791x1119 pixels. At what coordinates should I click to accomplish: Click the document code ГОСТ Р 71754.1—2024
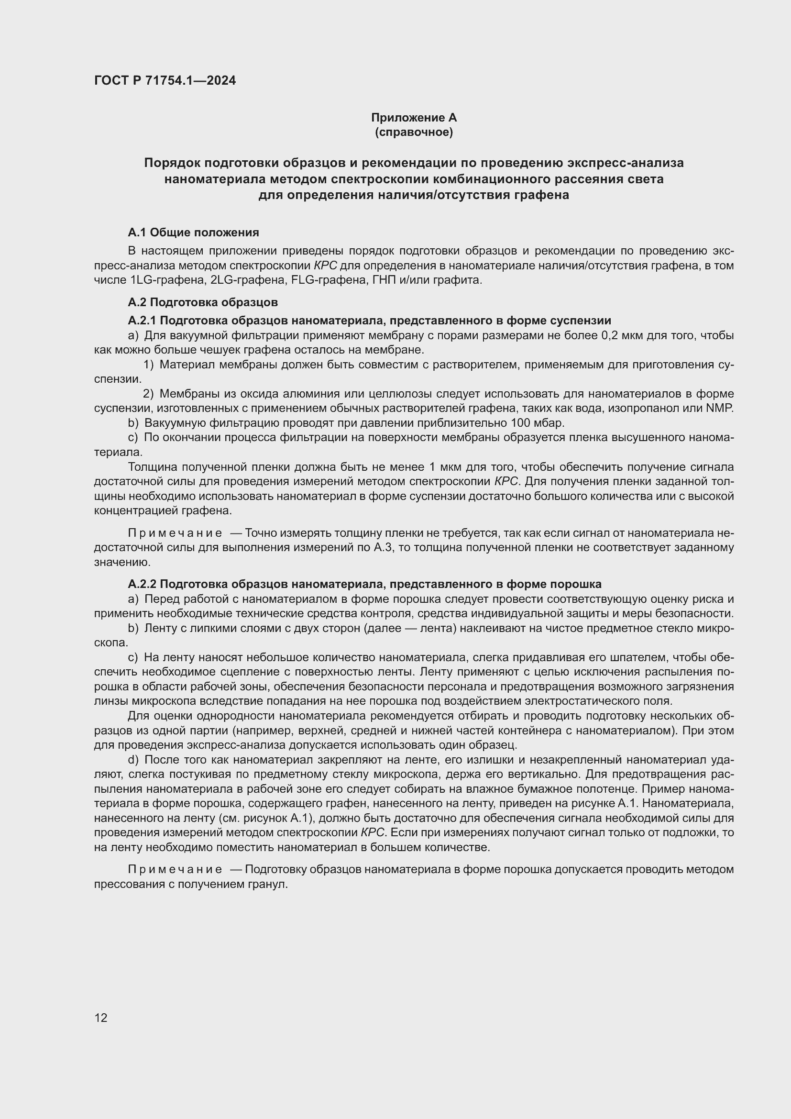[165, 80]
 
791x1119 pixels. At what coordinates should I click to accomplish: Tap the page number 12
[101, 1018]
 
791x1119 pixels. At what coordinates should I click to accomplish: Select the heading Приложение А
[414, 118]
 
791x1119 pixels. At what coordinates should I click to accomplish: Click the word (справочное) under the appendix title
[414, 132]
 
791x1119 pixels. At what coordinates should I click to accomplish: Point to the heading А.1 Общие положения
[193, 233]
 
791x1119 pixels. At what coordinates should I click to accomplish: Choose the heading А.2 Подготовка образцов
[203, 302]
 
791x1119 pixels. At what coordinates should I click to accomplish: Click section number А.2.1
[142, 320]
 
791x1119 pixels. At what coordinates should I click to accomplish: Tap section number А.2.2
[142, 584]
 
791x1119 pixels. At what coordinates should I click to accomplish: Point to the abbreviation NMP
[719, 408]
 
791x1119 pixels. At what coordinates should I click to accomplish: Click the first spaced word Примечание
[175, 532]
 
